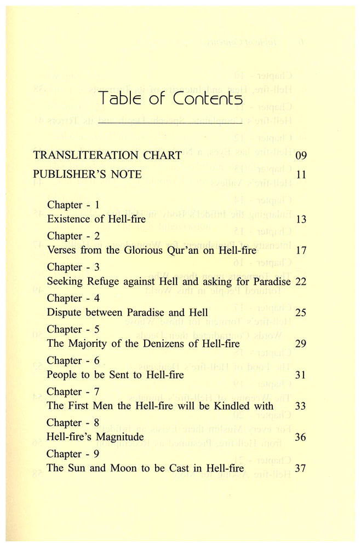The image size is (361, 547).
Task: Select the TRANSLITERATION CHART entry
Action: [107, 155]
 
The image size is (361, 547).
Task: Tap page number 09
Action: [301, 155]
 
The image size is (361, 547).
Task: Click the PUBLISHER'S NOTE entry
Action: [88, 174]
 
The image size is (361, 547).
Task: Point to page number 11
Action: [300, 175]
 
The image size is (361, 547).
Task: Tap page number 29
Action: [301, 344]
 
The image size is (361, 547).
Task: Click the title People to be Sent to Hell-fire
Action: [116, 375]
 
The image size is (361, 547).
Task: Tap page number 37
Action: [301, 469]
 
